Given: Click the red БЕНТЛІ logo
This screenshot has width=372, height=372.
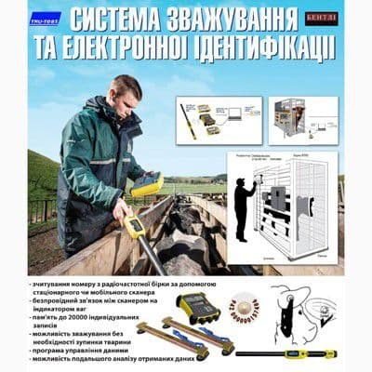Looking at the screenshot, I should (321, 18).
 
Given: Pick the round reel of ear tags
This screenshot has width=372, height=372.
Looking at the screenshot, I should (244, 306).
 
